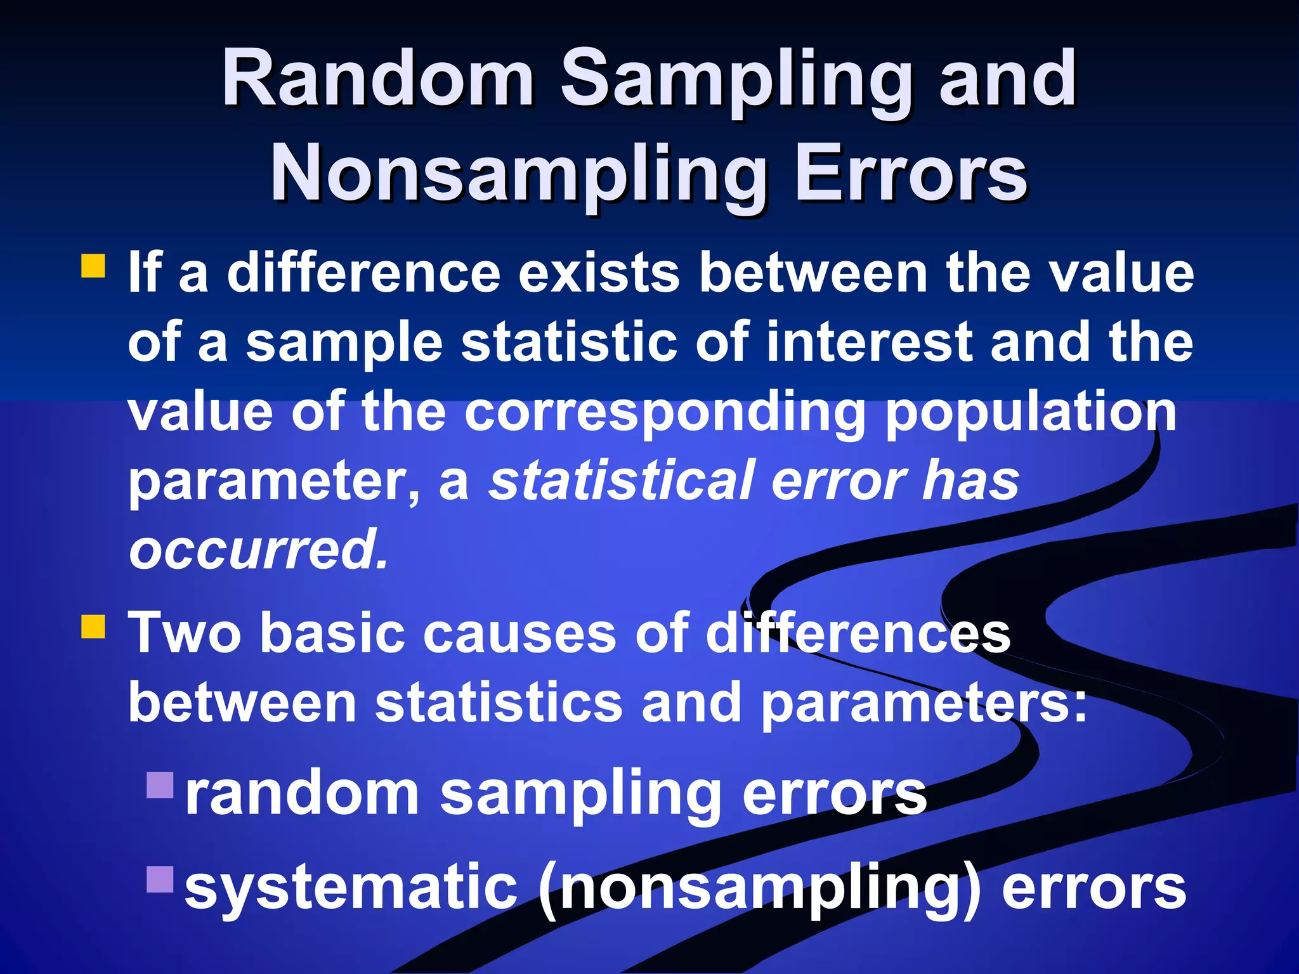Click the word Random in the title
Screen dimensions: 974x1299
point(378,79)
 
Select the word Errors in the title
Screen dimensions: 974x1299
point(911,174)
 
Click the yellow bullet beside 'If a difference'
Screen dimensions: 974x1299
point(93,266)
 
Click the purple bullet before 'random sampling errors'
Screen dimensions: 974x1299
point(159,784)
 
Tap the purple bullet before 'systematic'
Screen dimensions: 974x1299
point(159,879)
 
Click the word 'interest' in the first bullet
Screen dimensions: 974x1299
point(870,342)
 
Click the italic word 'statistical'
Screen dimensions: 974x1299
point(622,480)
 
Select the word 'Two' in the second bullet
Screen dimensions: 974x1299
point(185,632)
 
